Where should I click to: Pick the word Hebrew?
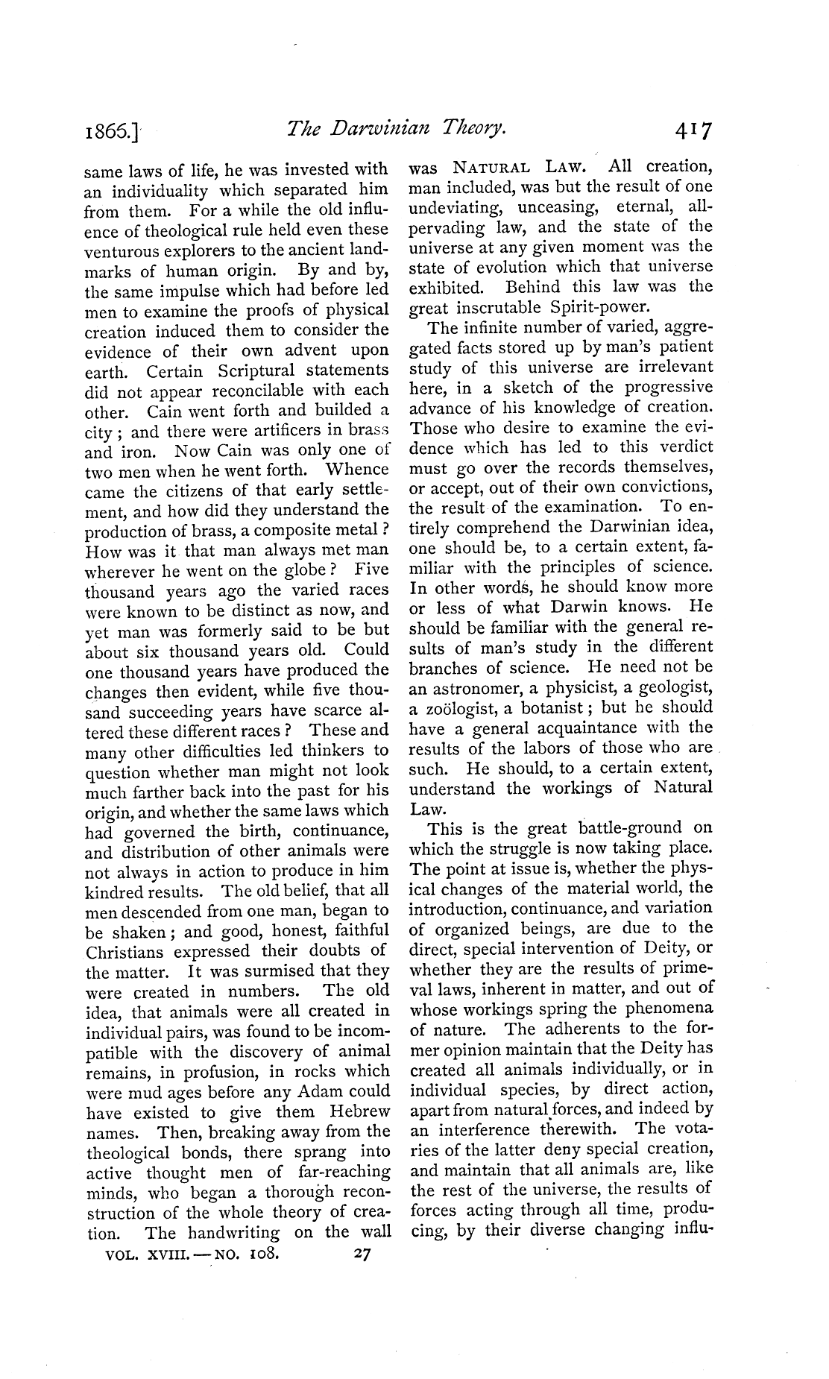(x=356, y=1112)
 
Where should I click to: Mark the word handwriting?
(x=235, y=1233)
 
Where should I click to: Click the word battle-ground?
(x=631, y=828)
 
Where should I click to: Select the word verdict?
(x=686, y=447)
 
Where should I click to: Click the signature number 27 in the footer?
(x=362, y=1254)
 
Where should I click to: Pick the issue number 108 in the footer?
(x=263, y=1255)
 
